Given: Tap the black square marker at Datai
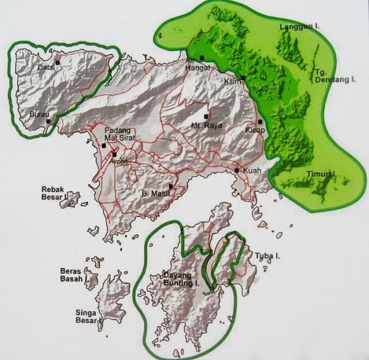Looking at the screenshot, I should point(57,61).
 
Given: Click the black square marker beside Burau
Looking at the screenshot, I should point(48,121).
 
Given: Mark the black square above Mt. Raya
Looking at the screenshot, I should point(206,116).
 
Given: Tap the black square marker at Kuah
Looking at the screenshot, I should point(237,170).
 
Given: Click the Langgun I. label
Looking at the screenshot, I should point(296,27).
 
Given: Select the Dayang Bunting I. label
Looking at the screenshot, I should point(183,279).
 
